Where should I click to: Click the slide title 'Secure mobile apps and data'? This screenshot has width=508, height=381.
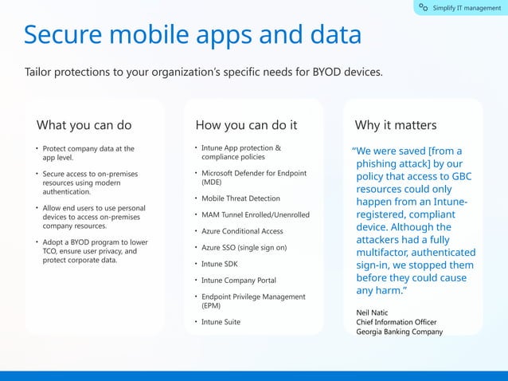[192, 34]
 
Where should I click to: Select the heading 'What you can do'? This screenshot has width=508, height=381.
[84, 125]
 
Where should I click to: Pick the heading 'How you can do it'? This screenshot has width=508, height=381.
[246, 125]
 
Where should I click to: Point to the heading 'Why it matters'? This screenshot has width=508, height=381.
[396, 125]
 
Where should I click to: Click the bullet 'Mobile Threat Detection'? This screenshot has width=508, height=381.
[240, 198]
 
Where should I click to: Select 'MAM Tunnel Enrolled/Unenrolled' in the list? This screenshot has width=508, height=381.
[255, 215]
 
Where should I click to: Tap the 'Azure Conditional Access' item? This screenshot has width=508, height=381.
[242, 231]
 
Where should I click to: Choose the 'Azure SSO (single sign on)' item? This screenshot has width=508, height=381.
[244, 248]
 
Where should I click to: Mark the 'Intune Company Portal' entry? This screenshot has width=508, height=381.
[239, 281]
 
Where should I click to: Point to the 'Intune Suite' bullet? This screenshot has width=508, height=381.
[221, 322]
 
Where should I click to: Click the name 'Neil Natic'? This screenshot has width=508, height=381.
[373, 312]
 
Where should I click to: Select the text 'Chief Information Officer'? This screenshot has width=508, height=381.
[397, 322]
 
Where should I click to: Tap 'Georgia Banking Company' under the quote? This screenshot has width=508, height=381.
[399, 332]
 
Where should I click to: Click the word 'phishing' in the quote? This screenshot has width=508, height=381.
[378, 164]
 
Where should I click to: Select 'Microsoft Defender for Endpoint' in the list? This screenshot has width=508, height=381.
[253, 173]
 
